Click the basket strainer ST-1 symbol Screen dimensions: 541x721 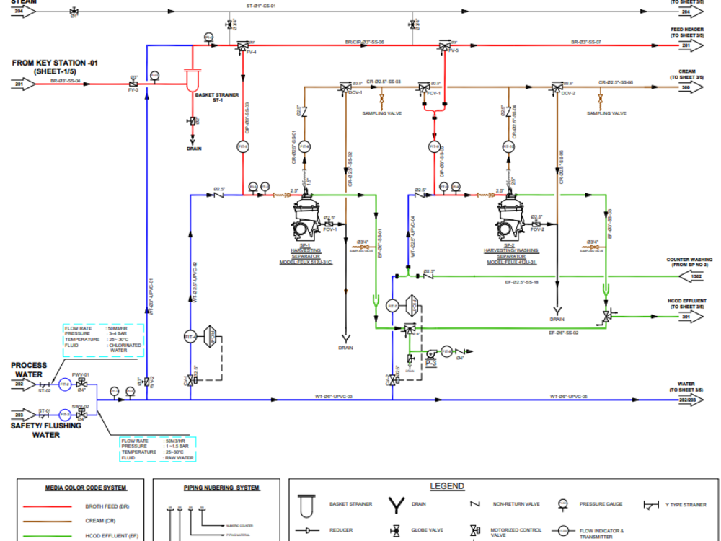click(192, 78)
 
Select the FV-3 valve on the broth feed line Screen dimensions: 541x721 click(133, 84)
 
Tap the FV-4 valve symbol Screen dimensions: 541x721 click(242, 46)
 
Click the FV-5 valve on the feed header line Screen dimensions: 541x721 click(445, 46)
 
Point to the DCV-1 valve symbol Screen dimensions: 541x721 click(344, 88)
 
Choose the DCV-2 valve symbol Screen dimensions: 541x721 click(556, 88)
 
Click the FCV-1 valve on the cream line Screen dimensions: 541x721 click(424, 88)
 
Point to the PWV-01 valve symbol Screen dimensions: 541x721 click(81, 384)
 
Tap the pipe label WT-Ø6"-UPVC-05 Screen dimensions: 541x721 click(569, 396)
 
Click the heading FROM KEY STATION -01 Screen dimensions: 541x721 click(55, 63)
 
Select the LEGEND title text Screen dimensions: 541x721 click(447, 486)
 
